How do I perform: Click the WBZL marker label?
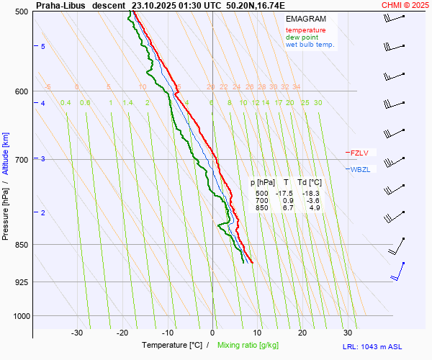tap(360, 170)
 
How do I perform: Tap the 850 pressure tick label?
tap(22, 245)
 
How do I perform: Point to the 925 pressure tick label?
tap(22, 282)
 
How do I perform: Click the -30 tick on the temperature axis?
tap(77, 333)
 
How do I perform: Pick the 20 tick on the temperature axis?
tap(302, 333)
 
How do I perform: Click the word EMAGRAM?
tap(305, 18)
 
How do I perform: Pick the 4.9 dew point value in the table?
tap(314, 208)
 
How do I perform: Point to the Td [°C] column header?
tap(311, 183)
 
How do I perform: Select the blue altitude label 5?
tap(42, 47)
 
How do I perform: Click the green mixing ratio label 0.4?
tap(66, 103)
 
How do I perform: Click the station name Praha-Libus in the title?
tap(60, 4)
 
